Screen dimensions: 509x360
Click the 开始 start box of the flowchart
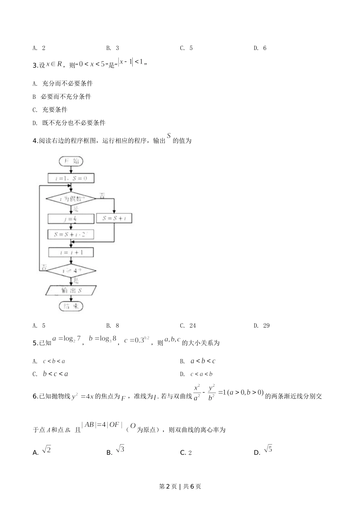coord(71,161)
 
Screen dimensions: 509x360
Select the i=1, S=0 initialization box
coord(71,178)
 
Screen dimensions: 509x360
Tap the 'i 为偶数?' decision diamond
coord(71,198)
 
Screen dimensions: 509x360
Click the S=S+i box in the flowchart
coord(114,218)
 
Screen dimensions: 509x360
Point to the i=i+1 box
coord(71,252)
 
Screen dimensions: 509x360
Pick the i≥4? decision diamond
coord(71,271)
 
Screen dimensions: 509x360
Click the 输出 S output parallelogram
coord(71,290)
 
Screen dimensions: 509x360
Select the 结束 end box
coord(71,306)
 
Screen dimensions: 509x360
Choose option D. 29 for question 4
coord(261,326)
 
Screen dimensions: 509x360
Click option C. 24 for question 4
coord(188,326)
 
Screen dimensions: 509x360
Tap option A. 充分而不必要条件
coord(63,83)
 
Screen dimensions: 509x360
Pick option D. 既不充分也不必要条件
coord(69,123)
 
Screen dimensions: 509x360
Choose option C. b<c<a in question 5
coord(50,374)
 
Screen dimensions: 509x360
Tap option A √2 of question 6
coord(42,451)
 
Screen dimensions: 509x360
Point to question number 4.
coord(35,141)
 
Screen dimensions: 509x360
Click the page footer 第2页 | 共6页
coord(180,487)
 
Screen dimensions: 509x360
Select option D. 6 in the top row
coord(260,48)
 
